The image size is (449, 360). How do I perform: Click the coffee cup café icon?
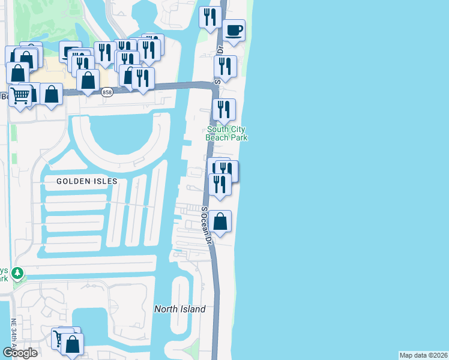point(234,30)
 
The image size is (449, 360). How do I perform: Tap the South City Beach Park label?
point(228,133)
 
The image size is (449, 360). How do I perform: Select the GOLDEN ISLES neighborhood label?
point(86,181)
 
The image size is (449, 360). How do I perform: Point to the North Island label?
point(180,309)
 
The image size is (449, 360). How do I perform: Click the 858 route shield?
point(107,92)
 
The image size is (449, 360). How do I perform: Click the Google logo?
point(20,353)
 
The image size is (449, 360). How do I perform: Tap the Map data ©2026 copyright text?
point(424,355)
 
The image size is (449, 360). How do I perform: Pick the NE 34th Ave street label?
point(13,336)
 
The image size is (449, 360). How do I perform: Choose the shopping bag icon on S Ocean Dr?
point(221,221)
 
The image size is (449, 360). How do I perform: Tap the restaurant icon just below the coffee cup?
point(225,66)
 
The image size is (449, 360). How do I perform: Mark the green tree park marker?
point(18,274)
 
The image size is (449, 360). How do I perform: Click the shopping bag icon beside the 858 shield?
point(88,80)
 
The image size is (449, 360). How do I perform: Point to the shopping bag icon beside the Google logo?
point(72,344)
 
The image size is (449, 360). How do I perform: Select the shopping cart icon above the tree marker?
point(20,95)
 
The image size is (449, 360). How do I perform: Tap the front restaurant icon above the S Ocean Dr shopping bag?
point(220,184)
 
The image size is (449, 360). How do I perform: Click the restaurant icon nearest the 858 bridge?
point(143,78)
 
